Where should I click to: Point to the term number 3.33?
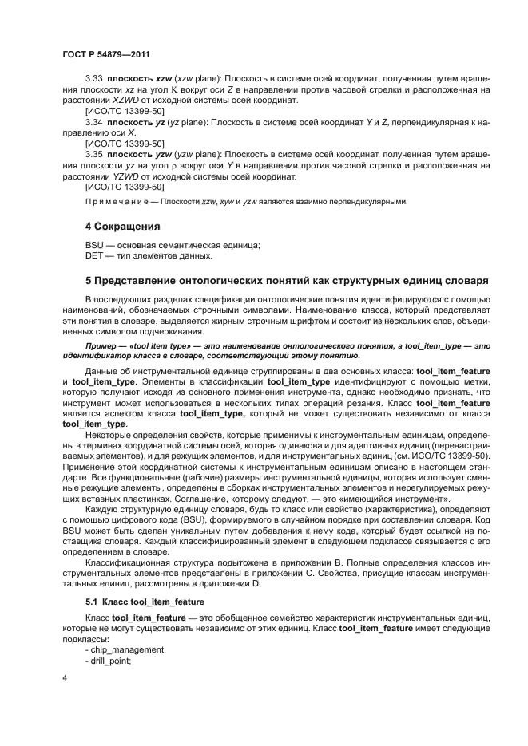tap(95, 81)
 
